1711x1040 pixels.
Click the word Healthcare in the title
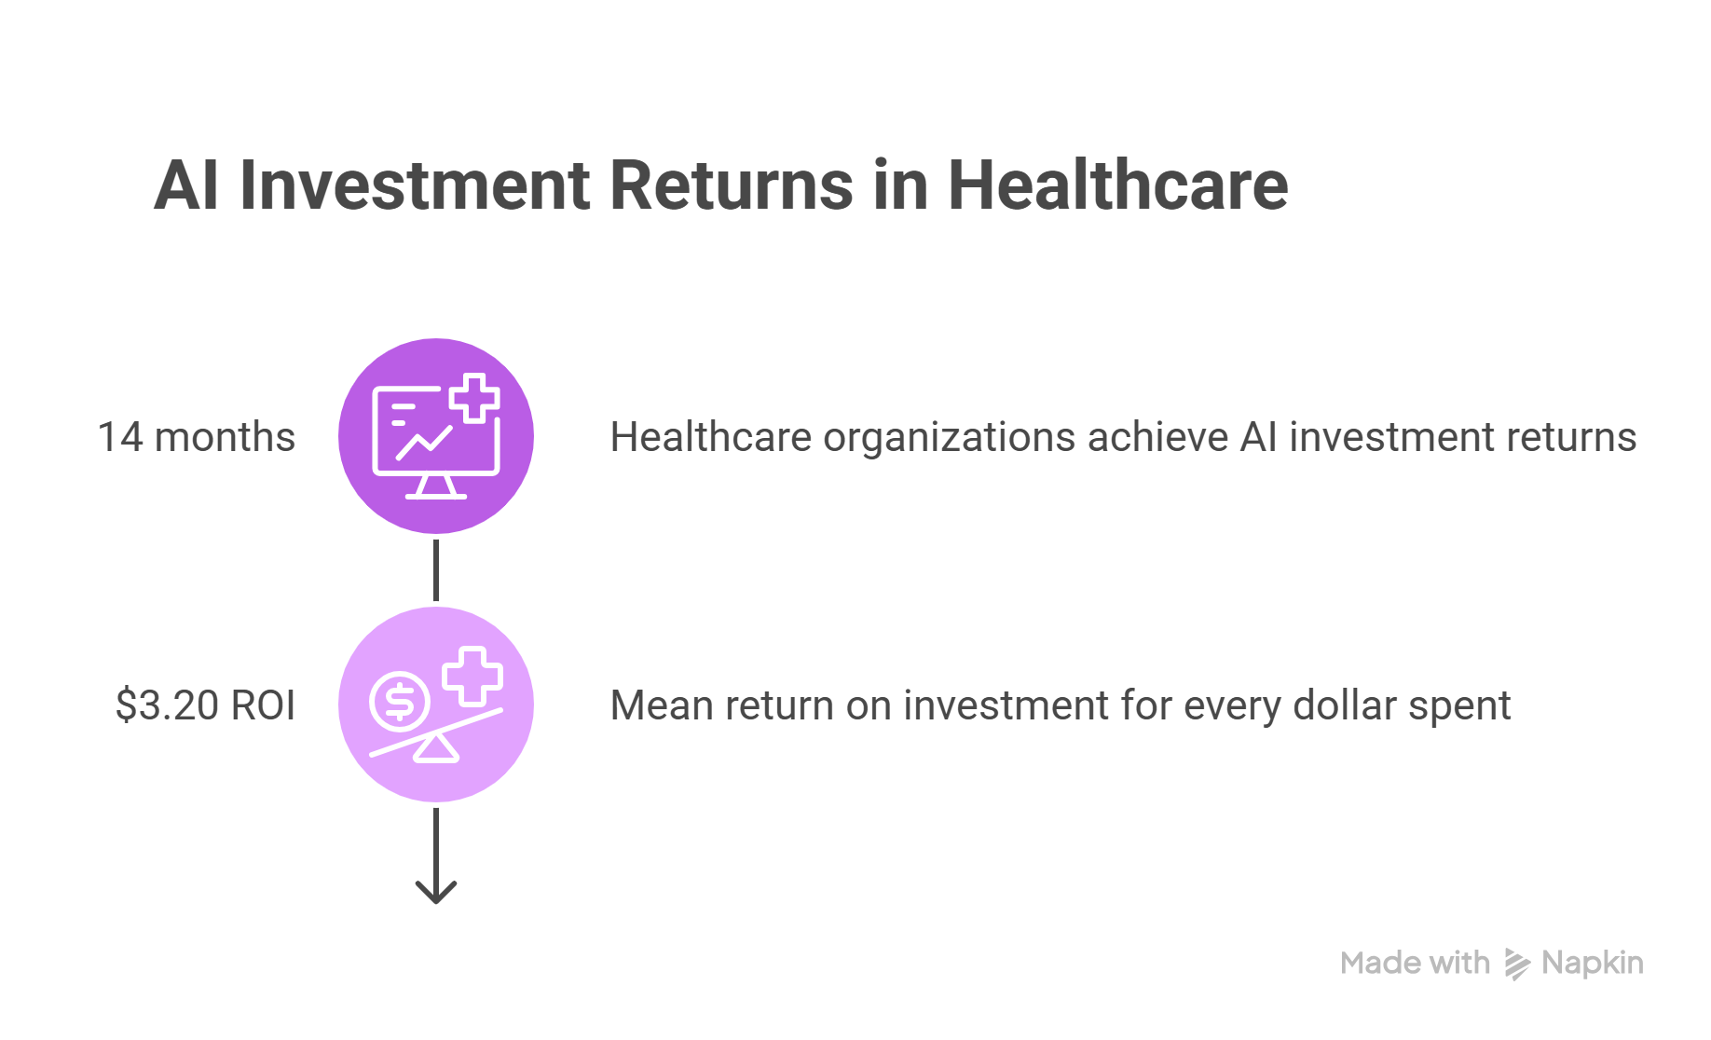coord(1117,185)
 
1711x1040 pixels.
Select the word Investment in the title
coord(415,185)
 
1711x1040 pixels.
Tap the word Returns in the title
coord(731,185)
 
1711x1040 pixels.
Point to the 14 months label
coord(197,436)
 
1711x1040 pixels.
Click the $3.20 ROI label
coord(205,705)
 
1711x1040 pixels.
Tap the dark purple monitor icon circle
coord(436,436)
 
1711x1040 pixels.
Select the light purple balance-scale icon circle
coord(436,705)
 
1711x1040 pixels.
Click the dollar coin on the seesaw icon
coord(400,701)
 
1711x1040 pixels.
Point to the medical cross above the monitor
coord(474,398)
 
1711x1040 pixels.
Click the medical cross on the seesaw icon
coord(472,676)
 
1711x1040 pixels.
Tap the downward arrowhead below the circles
coord(436,891)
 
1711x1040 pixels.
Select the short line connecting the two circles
coord(436,570)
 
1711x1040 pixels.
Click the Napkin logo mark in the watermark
coord(1517,965)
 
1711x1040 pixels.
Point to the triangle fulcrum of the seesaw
coord(436,748)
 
